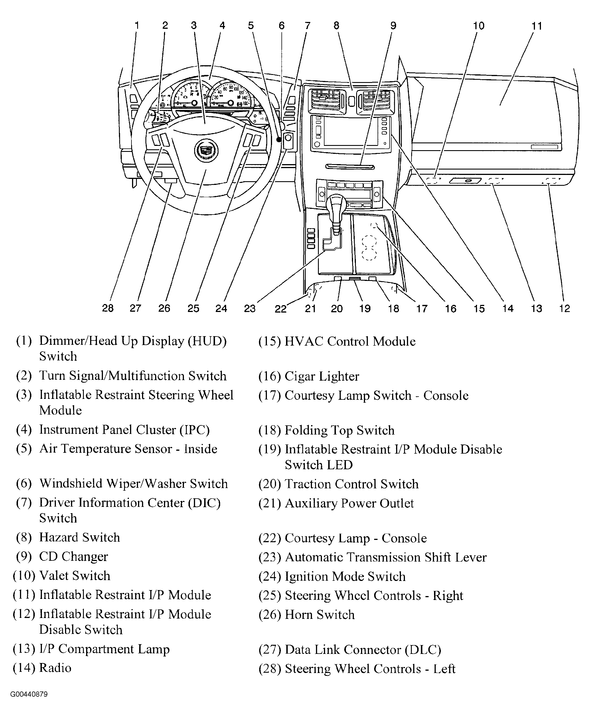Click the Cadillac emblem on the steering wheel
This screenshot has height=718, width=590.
point(206,151)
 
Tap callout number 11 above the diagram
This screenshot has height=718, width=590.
point(537,26)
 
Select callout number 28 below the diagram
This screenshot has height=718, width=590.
point(108,308)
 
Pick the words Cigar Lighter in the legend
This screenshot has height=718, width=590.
point(321,376)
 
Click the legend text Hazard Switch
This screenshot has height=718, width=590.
point(80,537)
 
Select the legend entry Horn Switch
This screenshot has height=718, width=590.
point(319,615)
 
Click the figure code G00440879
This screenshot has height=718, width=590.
point(29,694)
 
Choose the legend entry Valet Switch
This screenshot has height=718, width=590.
point(75,576)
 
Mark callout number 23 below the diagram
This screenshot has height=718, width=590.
point(250,308)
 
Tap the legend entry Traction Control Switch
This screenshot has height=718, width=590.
point(351,484)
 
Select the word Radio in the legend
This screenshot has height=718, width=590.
point(55,668)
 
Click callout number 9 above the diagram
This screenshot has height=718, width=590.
point(393,26)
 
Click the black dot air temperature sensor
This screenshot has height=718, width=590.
point(279,140)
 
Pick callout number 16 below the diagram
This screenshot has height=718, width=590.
point(451,308)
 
